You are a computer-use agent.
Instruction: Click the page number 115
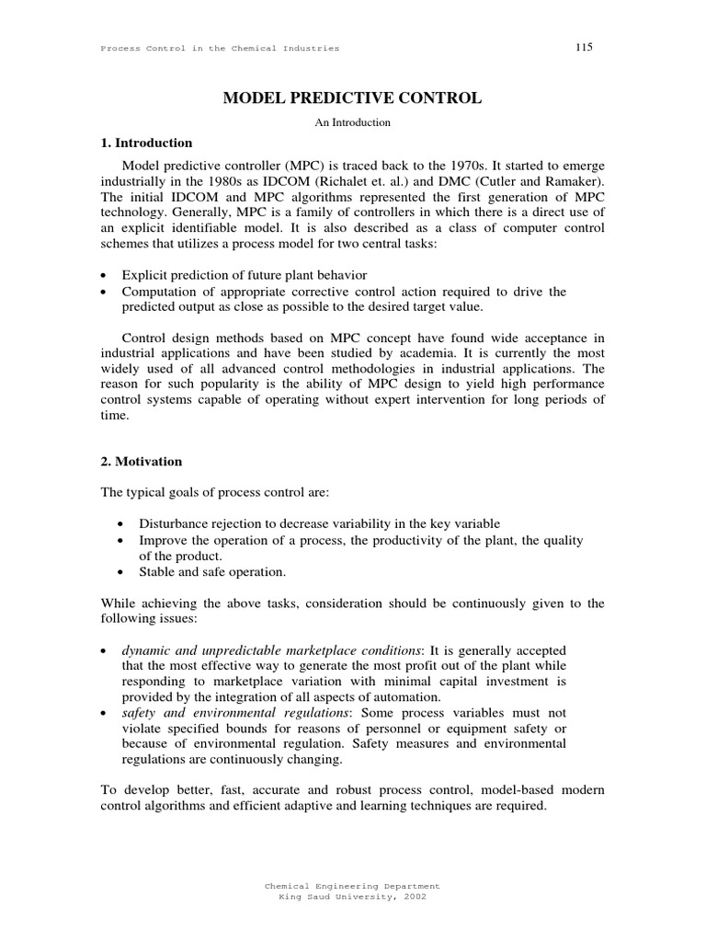[x=584, y=47]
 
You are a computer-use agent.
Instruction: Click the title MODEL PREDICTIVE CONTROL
[x=352, y=98]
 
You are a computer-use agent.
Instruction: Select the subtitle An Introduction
[x=352, y=121]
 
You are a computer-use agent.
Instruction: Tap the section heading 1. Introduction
[x=146, y=144]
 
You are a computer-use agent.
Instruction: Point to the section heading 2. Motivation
[x=142, y=461]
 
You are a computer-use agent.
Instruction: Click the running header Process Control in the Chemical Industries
[x=220, y=48]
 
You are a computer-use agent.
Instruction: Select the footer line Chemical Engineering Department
[x=352, y=885]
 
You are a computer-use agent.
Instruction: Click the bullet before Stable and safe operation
[x=123, y=572]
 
